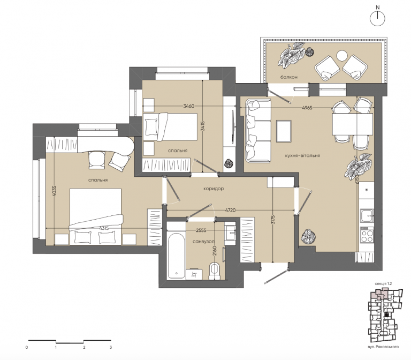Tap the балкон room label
pos(289,77)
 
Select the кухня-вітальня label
pos(302,155)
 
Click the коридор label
pos(214,189)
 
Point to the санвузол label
pos(204,242)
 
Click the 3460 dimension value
pos(189,106)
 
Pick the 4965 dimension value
pos(307,108)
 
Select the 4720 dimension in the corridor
pos(230,210)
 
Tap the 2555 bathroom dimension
pos(201,230)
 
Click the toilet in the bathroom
pos(215,271)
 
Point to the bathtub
pos(177,256)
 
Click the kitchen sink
pos(367,216)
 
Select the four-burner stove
pos(367,235)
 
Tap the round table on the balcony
pos(342,56)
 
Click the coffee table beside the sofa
pos(284,131)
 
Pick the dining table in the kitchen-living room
pos(352,124)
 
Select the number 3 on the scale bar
pos(111,347)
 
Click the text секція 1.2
pos(383,283)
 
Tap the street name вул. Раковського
pos(383,347)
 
